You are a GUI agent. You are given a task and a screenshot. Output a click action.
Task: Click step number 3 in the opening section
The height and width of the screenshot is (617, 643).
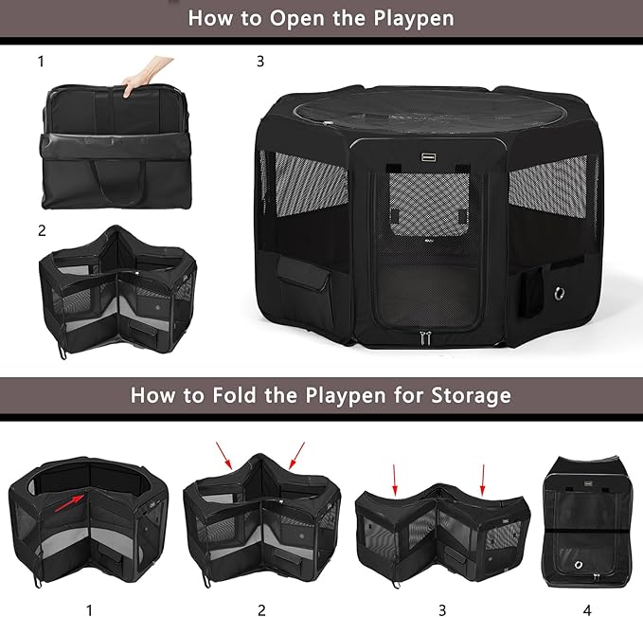[260, 63]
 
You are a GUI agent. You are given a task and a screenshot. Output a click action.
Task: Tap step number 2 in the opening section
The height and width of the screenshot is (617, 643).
[42, 229]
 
